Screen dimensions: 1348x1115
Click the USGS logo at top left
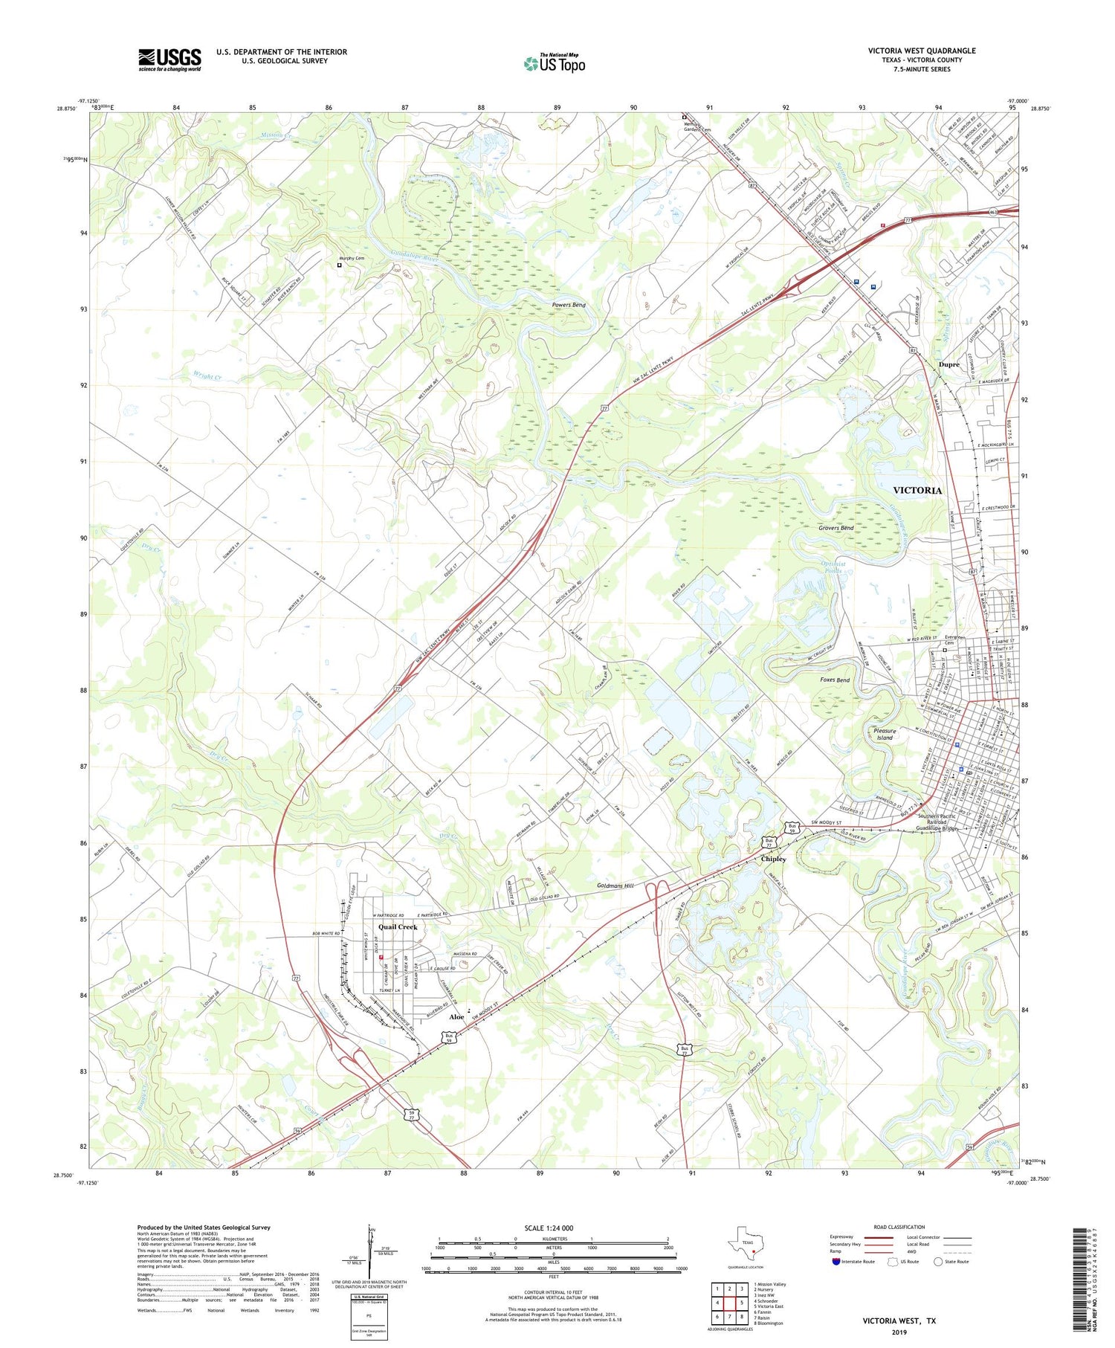(x=169, y=59)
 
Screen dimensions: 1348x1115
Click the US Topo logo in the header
(x=554, y=64)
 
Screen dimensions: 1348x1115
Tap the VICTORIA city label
(x=917, y=491)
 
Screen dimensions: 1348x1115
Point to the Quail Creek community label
(x=398, y=927)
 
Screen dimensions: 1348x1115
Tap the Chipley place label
(x=773, y=859)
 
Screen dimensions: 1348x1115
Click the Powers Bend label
(x=569, y=306)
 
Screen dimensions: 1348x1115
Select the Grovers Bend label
(x=836, y=528)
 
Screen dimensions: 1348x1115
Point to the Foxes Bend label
(x=834, y=680)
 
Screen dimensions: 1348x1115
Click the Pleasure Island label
(x=885, y=735)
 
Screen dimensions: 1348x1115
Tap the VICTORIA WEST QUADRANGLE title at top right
(x=922, y=51)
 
